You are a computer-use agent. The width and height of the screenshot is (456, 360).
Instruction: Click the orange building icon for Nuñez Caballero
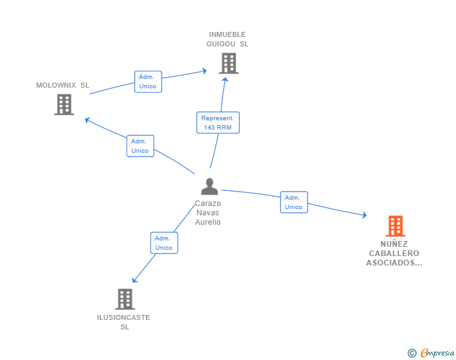tap(395, 226)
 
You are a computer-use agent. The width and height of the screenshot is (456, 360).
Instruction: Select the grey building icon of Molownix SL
tap(64, 105)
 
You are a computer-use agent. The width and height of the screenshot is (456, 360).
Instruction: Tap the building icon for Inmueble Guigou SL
tap(229, 63)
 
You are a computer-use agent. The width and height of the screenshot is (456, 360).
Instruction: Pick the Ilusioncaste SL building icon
tap(125, 299)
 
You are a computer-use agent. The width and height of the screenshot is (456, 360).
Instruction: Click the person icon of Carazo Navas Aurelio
tap(209, 187)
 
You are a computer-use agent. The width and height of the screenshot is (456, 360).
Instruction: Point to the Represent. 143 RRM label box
tap(218, 122)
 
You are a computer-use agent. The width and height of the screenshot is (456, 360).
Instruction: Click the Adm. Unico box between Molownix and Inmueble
tap(148, 81)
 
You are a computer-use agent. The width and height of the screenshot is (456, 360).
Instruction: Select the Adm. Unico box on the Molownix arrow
tap(140, 146)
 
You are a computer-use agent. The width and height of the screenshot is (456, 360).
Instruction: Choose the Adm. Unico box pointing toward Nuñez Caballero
tap(294, 202)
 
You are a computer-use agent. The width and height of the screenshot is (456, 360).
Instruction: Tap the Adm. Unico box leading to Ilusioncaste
tap(164, 243)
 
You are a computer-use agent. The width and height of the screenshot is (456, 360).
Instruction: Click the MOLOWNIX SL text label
tap(63, 85)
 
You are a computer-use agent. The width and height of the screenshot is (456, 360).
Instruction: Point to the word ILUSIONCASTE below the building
tap(124, 317)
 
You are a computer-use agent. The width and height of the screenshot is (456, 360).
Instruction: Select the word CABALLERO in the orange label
tap(394, 254)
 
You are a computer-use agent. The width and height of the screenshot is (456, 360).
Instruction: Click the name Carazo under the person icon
tap(208, 203)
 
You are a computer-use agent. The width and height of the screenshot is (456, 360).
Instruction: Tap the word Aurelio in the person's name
tap(208, 222)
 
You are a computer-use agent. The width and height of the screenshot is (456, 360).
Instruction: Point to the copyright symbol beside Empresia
tap(412, 353)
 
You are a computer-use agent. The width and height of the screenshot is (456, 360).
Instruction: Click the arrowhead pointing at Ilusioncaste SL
tap(134, 280)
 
